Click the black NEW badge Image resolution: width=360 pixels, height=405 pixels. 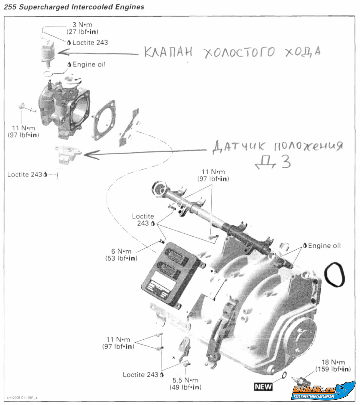coord(263,386)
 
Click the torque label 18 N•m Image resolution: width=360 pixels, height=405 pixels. coord(333,362)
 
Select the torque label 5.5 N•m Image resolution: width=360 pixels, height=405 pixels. coord(185,380)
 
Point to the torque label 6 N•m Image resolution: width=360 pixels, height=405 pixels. coord(121,252)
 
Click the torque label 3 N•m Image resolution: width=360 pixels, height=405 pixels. coord(82,25)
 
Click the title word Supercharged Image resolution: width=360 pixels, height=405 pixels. coord(44,7)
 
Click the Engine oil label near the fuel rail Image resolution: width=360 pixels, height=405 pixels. coord(324,246)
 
